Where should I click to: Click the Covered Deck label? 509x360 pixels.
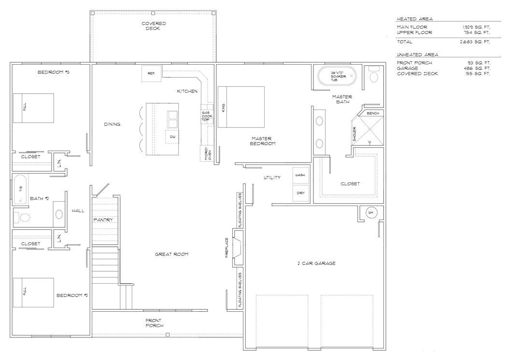pos(154,26)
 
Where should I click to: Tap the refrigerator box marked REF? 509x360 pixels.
pos(151,74)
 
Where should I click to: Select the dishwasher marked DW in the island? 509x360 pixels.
pos(172,137)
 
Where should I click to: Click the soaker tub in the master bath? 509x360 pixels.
pos(337,76)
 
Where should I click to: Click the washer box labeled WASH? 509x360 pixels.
pos(300,175)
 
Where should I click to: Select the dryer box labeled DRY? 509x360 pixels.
pos(300,193)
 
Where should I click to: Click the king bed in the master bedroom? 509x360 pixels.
pos(241,107)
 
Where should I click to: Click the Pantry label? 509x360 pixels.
pos(103,220)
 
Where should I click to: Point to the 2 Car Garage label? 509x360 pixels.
pos(316,263)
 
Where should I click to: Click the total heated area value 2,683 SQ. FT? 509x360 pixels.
pos(475,42)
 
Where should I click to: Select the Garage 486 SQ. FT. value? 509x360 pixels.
pos(476,68)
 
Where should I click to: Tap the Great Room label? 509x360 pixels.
pos(171,254)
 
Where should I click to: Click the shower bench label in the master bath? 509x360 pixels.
pos(373,113)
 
